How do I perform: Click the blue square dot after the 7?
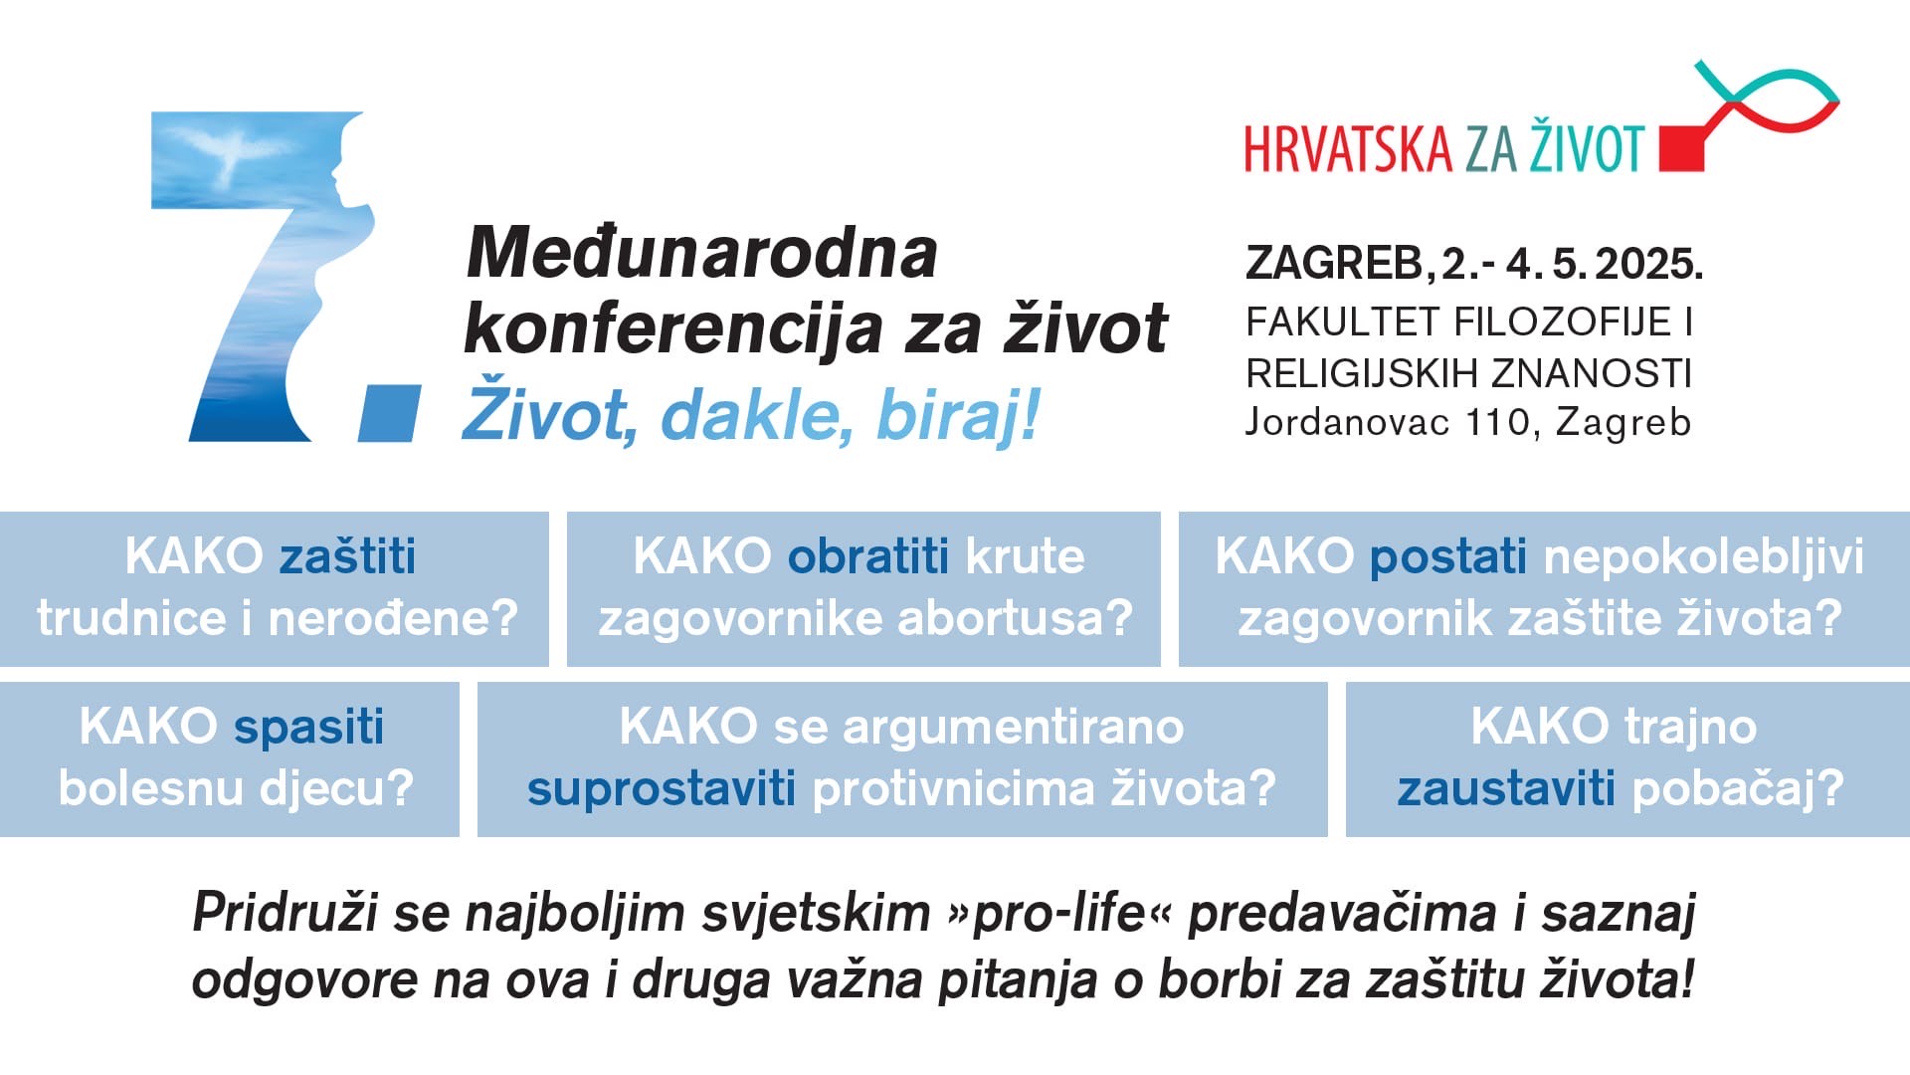point(389,412)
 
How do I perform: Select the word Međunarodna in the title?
point(702,253)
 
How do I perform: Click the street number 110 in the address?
point(1498,422)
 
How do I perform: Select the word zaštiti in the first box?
point(347,555)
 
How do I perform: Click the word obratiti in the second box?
point(866,555)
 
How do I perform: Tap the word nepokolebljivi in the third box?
point(1704,556)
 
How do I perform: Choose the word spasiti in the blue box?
point(308,728)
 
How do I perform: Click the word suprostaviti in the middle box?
point(662,789)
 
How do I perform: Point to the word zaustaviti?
point(1506,788)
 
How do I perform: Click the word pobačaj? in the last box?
point(1738,788)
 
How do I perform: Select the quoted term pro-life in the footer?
point(1059,914)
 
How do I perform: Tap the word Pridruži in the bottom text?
point(285,914)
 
